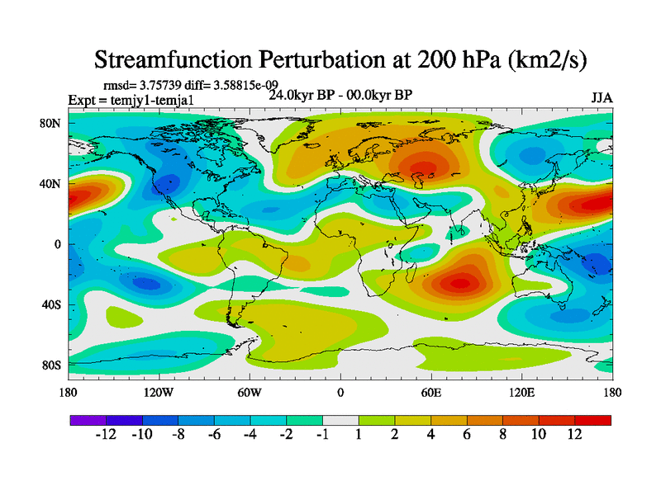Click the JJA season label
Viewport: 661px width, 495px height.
click(602, 98)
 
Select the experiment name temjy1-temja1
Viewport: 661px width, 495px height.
click(162, 100)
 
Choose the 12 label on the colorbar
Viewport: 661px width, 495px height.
click(575, 435)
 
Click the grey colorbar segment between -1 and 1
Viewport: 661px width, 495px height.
click(340, 420)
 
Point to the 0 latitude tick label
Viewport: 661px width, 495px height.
click(59, 244)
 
